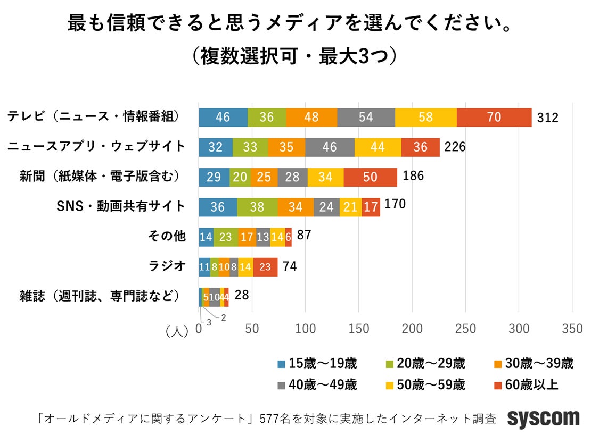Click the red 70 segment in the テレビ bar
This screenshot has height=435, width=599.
tap(494, 117)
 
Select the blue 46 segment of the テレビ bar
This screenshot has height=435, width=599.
tap(223, 117)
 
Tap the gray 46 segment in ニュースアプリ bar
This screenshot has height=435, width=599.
tap(330, 147)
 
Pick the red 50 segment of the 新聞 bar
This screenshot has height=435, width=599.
tap(370, 177)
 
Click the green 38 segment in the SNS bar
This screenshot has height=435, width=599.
tap(257, 207)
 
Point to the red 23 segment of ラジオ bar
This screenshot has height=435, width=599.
tap(265, 267)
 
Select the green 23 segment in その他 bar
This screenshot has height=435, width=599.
tap(225, 237)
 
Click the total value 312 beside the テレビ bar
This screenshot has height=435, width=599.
tap(547, 118)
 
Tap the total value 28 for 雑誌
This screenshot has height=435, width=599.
tap(241, 295)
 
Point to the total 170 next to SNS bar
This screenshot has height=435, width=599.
tap(395, 204)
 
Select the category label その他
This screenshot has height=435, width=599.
tap(166, 236)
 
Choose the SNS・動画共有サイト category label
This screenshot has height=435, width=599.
tap(121, 206)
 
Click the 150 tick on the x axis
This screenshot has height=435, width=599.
tap(359, 329)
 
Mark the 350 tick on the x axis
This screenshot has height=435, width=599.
tap(572, 329)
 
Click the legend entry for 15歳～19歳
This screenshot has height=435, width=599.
tap(317, 364)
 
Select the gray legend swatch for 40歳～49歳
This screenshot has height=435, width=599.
tap(282, 384)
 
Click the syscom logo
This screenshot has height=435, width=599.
tap(543, 419)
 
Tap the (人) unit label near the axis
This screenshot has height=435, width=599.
tap(177, 331)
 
